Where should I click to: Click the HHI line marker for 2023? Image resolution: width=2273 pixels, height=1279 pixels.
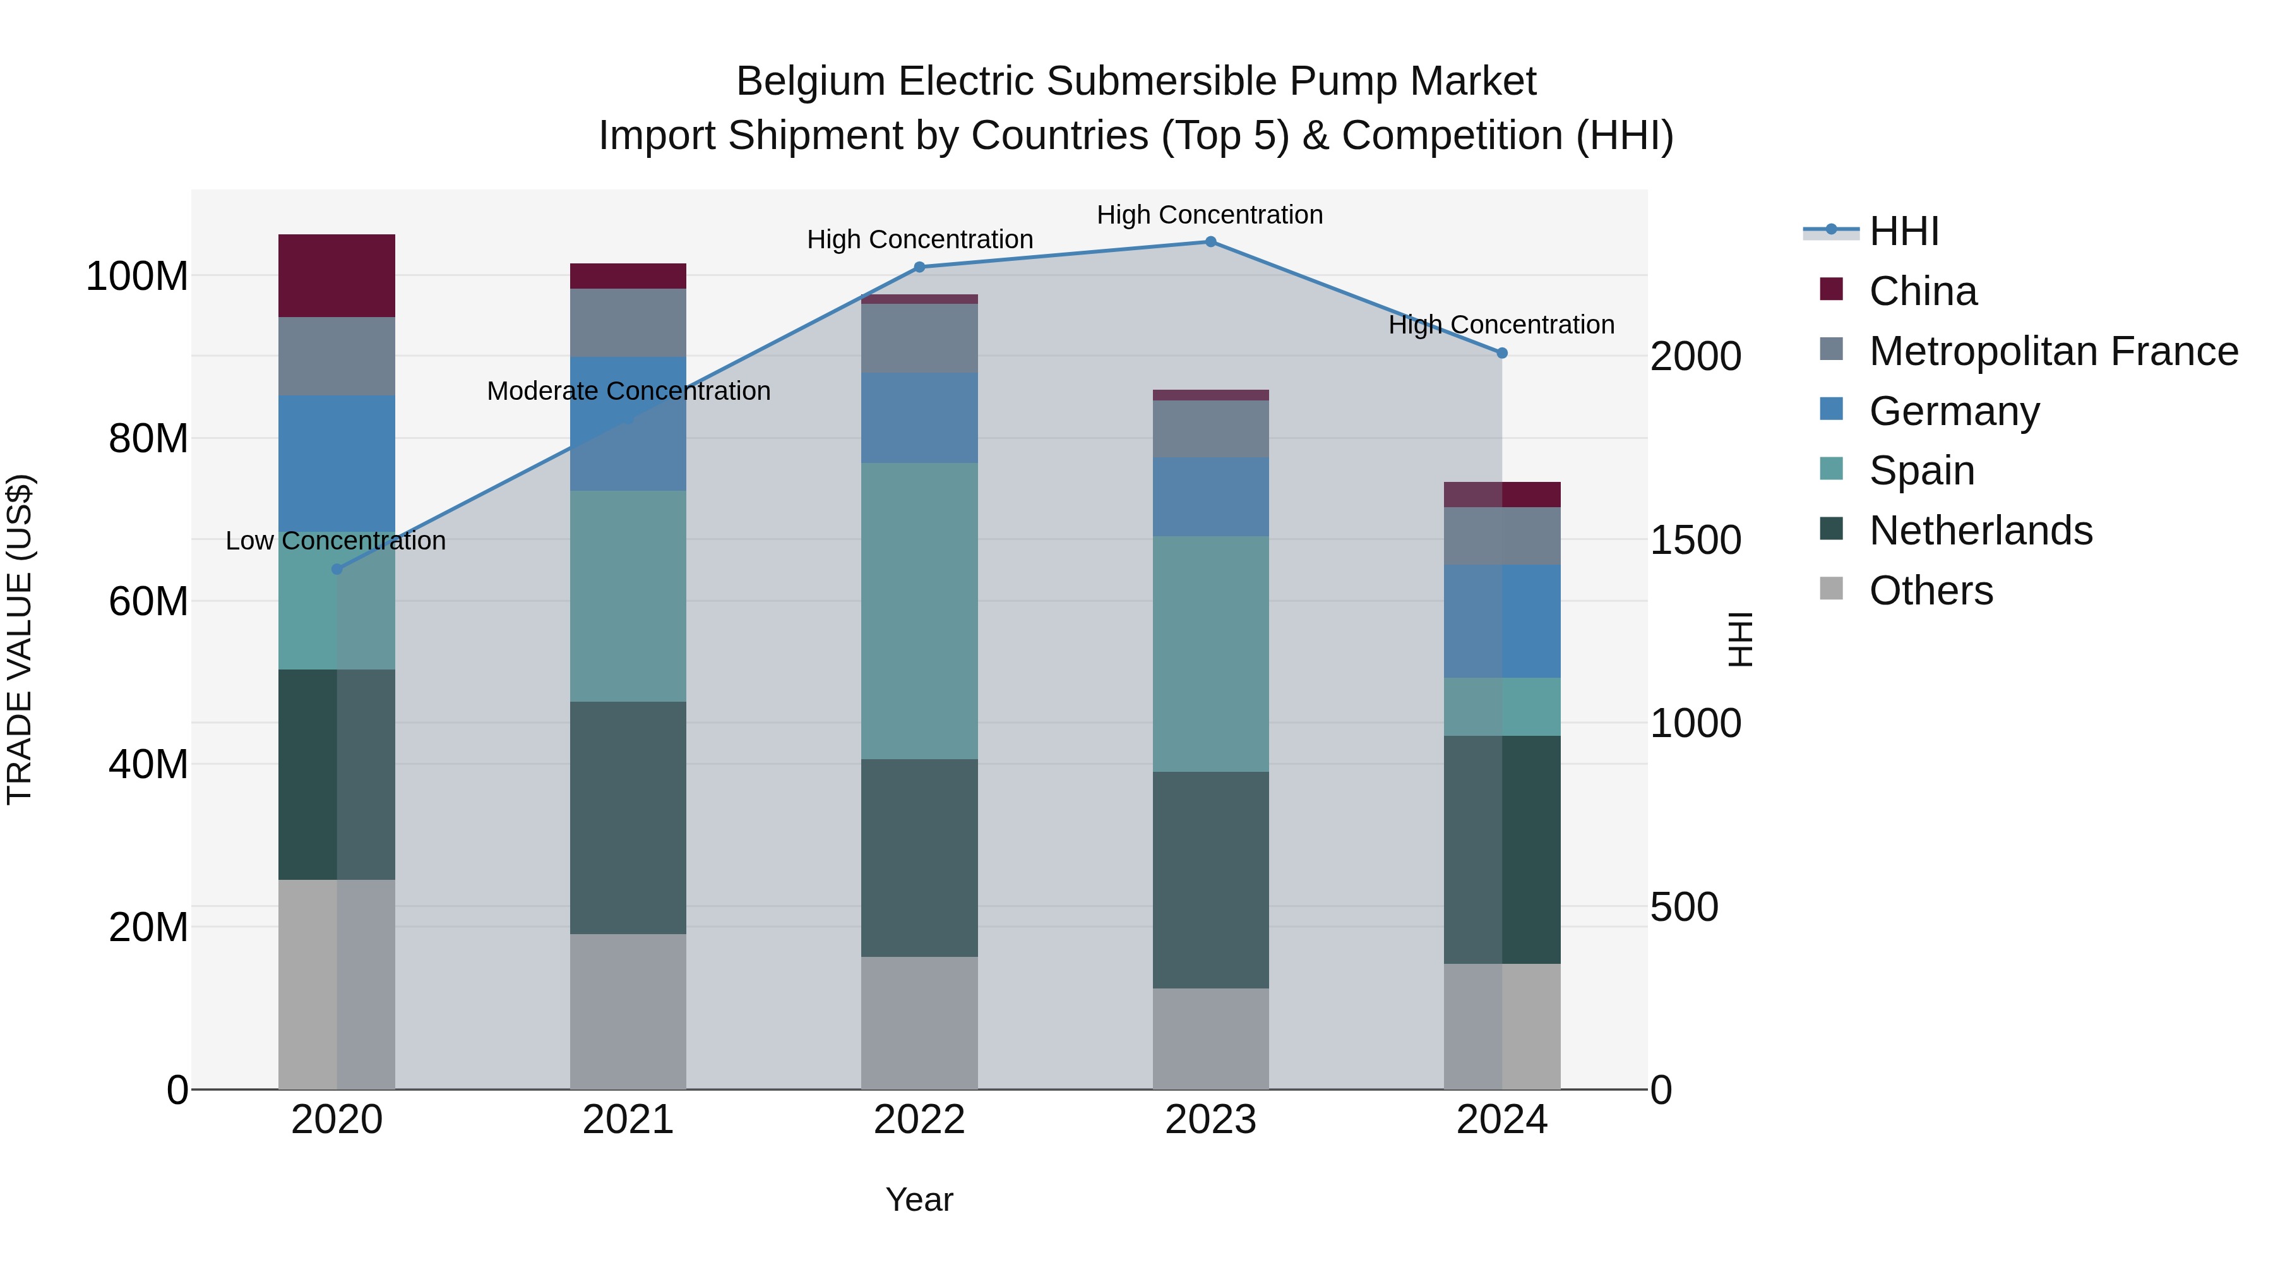coord(1210,242)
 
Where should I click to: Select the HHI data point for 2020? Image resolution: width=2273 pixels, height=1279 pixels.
coord(336,569)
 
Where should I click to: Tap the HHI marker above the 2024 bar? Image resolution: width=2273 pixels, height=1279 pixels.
coord(1502,353)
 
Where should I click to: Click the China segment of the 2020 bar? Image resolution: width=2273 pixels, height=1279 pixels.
coord(336,275)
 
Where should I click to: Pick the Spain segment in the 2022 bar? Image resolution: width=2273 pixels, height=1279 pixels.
coord(919,611)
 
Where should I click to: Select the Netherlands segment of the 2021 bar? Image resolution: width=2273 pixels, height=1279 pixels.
coord(628,817)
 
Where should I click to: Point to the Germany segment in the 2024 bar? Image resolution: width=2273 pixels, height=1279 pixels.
coord(1502,621)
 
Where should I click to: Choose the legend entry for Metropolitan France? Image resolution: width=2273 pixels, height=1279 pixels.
coord(2053,351)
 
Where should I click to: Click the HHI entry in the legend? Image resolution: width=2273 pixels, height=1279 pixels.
coord(1903,231)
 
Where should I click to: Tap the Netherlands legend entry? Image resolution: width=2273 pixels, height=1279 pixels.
coord(1980,531)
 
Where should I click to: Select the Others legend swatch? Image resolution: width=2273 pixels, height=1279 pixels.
coord(1832,589)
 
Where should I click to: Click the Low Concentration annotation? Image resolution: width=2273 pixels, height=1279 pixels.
coord(335,541)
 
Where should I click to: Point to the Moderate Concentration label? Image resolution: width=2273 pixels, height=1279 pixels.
coord(628,391)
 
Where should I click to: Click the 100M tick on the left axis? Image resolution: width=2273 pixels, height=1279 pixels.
coord(137,276)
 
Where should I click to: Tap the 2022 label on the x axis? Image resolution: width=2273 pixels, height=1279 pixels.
coord(919,1120)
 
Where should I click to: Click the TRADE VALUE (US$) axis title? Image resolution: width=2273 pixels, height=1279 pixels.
coord(20,639)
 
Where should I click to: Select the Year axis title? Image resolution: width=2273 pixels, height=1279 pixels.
coord(919,1199)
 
